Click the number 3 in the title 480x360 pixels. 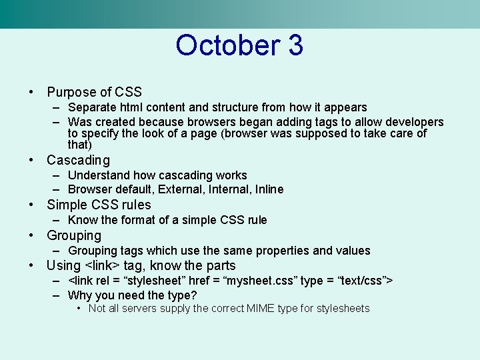point(295,45)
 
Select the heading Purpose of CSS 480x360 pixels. point(94,92)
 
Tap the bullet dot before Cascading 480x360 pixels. point(31,160)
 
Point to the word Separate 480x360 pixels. point(92,107)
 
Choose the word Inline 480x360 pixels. point(267,189)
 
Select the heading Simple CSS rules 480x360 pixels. point(99,205)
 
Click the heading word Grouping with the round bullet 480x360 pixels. point(74,235)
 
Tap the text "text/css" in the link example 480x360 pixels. point(361,280)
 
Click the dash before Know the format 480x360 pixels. point(58,220)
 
